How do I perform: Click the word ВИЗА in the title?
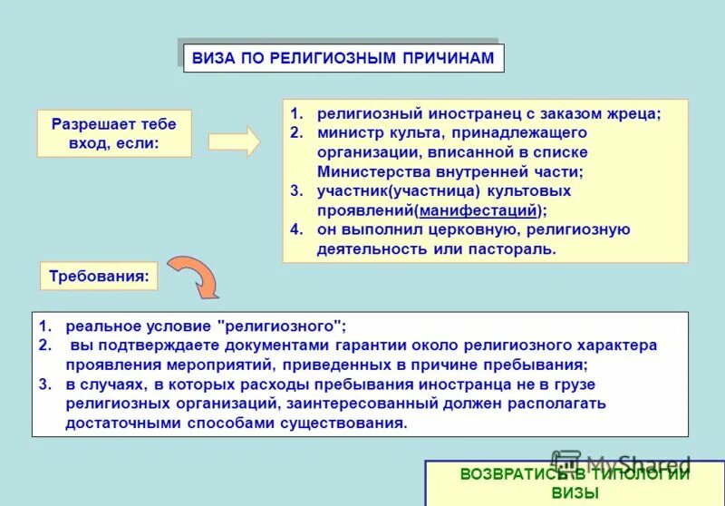tap(211, 58)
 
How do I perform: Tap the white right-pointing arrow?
tap(234, 141)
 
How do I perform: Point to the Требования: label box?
tap(99, 276)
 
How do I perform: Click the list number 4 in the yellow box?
tap(295, 229)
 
